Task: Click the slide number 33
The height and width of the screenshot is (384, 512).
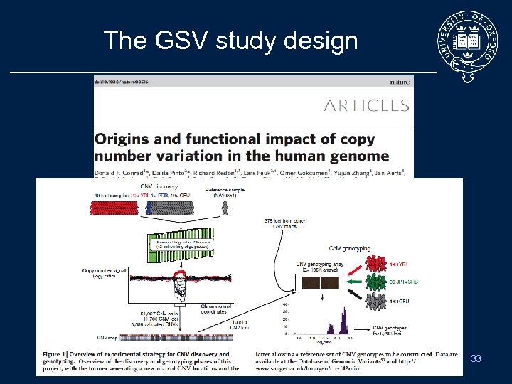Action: pyautogui.click(x=476, y=359)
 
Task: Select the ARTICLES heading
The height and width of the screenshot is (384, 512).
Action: pyautogui.click(x=366, y=106)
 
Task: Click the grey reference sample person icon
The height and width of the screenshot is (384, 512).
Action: pyautogui.click(x=227, y=206)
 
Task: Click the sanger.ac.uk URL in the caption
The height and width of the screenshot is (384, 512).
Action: pyautogui.click(x=298, y=369)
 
